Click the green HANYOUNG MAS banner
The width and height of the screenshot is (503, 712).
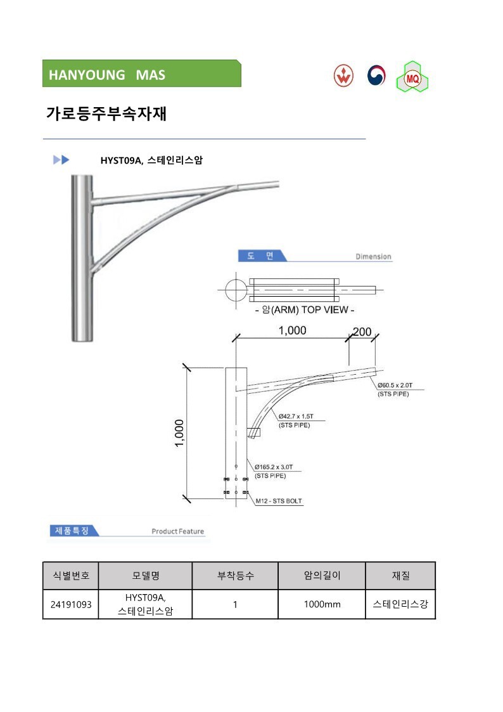click(x=141, y=74)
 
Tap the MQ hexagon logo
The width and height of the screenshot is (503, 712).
click(x=412, y=77)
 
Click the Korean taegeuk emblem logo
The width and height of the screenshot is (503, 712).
click(x=376, y=75)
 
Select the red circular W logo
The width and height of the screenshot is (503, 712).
click(x=343, y=75)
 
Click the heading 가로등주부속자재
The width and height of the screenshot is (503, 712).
click(x=106, y=113)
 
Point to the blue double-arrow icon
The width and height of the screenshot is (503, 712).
click(x=61, y=160)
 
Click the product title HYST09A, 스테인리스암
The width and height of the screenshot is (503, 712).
click(x=151, y=160)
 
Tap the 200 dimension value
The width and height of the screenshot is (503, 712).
click(x=362, y=332)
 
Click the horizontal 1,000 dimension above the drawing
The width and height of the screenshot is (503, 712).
click(x=293, y=330)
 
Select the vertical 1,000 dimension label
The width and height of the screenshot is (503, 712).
click(x=180, y=433)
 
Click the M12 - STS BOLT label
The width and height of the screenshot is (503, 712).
click(x=279, y=501)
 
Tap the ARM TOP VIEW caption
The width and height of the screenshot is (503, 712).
click(x=304, y=309)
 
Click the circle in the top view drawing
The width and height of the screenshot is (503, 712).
click(x=236, y=290)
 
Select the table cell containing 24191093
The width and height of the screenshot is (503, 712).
click(x=71, y=604)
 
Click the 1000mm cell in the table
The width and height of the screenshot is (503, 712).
click(x=322, y=604)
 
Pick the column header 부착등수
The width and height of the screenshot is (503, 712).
click(x=236, y=576)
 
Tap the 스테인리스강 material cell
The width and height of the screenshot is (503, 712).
click(x=400, y=604)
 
